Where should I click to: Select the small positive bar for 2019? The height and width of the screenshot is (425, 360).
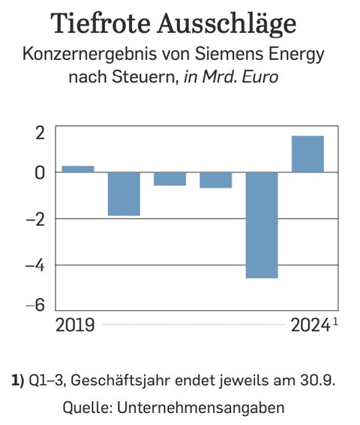click(77, 169)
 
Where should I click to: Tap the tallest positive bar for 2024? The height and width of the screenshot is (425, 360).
click(307, 154)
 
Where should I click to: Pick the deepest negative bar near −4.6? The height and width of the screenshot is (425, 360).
click(262, 225)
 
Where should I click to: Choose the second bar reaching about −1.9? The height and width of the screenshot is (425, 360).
click(124, 193)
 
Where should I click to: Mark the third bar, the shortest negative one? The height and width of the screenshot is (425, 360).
click(169, 178)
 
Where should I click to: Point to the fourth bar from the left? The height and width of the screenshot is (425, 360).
click(215, 180)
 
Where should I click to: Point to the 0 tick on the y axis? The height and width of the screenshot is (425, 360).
click(40, 172)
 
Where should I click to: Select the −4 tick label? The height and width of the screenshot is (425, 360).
click(35, 265)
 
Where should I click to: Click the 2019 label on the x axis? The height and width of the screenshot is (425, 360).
click(75, 325)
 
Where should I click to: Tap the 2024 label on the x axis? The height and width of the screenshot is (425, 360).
click(310, 325)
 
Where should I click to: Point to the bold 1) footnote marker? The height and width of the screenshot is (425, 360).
click(18, 381)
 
